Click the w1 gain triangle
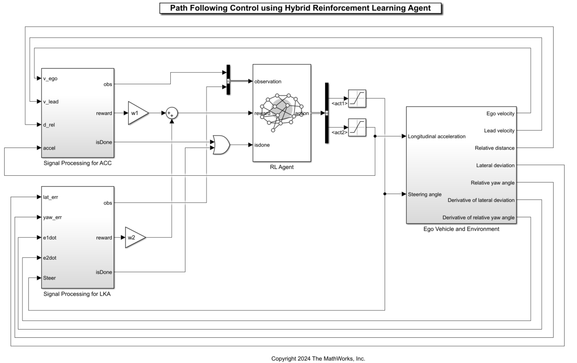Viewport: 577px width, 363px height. click(137, 113)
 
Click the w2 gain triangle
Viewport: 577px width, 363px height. click(134, 238)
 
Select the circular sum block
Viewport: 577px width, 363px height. click(172, 113)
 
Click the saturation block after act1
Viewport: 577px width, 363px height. click(357, 98)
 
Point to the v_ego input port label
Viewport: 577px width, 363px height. click(50, 78)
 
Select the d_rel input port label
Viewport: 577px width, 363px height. click(49, 125)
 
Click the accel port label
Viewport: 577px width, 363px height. click(50, 148)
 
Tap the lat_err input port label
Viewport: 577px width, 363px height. click(50, 197)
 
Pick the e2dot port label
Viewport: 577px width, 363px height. click(50, 258)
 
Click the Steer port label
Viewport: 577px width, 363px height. click(49, 278)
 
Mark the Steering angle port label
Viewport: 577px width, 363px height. click(425, 194)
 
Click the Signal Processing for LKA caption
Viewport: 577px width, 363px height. click(77, 294)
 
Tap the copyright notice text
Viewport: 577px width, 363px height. click(318, 358)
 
